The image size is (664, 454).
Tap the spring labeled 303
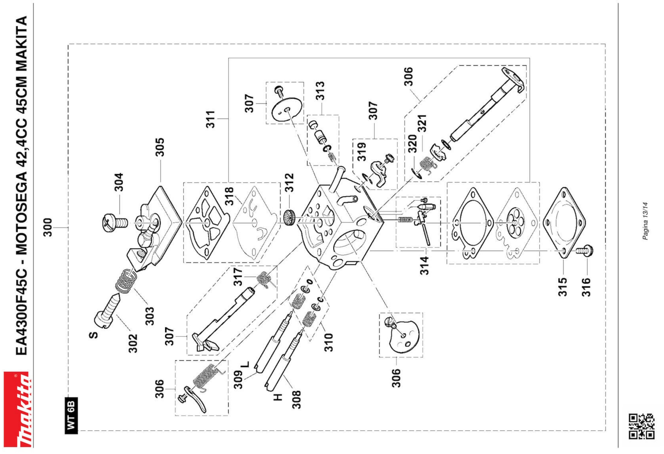coord(126,281)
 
